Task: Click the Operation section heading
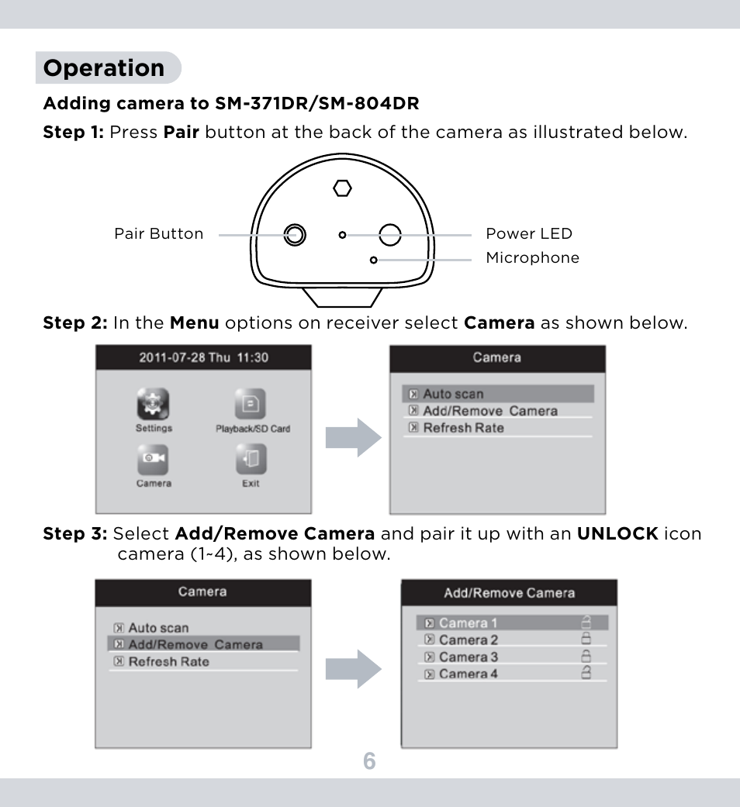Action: click(x=104, y=68)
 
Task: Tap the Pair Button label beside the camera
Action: click(x=159, y=234)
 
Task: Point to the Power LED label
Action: click(x=528, y=234)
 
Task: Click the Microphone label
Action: click(x=532, y=258)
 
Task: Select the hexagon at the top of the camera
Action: click(x=342, y=188)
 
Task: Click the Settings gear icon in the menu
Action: click(x=154, y=405)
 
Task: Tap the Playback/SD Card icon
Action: click(x=251, y=405)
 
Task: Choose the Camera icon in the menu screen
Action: click(x=154, y=460)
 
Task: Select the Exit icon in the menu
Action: click(x=251, y=460)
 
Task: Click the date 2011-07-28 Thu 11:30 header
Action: click(x=203, y=357)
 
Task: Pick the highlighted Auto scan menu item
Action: click(x=497, y=394)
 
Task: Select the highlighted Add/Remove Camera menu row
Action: click(x=202, y=644)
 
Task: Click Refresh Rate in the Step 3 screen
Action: click(x=168, y=662)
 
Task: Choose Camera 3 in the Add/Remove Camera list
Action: click(x=468, y=657)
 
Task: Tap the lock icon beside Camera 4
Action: click(x=586, y=673)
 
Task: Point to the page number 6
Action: click(x=369, y=761)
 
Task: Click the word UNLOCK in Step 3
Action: click(x=617, y=533)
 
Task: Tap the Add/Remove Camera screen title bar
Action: click(x=509, y=593)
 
